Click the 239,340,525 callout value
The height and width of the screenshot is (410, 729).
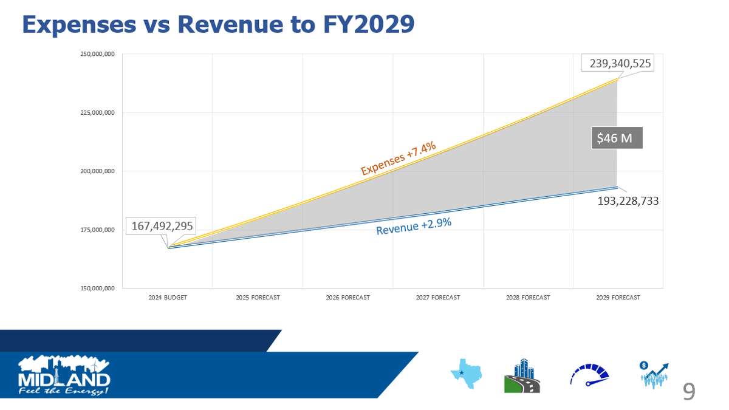pyautogui.click(x=617, y=63)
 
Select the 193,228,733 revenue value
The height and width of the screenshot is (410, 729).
pyautogui.click(x=628, y=200)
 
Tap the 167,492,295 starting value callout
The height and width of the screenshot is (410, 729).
pyautogui.click(x=162, y=227)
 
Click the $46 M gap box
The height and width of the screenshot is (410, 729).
pyautogui.click(x=615, y=138)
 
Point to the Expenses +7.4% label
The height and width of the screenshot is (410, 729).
pyautogui.click(x=398, y=157)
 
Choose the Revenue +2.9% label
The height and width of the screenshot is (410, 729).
pyautogui.click(x=413, y=226)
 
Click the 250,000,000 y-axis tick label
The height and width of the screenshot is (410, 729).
pyautogui.click(x=98, y=55)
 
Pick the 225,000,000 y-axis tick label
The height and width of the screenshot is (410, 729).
pyautogui.click(x=98, y=113)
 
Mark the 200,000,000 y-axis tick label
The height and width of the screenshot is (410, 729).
pyautogui.click(x=98, y=171)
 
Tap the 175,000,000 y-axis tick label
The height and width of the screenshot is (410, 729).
pyautogui.click(x=98, y=230)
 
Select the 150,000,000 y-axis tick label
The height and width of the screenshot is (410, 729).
pyautogui.click(x=98, y=288)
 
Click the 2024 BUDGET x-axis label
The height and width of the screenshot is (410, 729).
pyautogui.click(x=168, y=298)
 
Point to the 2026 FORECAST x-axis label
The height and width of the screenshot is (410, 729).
pyautogui.click(x=347, y=298)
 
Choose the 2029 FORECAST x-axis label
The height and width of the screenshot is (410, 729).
pyautogui.click(x=618, y=298)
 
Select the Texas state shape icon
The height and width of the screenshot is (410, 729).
pyautogui.click(x=465, y=374)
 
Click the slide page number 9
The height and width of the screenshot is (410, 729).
pyautogui.click(x=688, y=392)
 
